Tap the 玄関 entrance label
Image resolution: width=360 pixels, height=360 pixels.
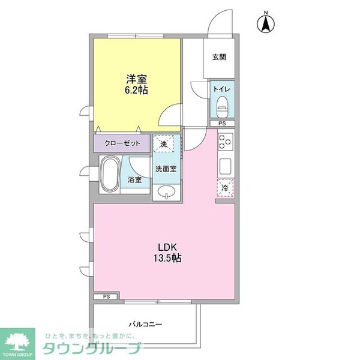218,58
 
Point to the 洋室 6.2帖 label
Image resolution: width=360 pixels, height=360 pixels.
137,84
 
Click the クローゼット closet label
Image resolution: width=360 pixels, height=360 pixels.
122,143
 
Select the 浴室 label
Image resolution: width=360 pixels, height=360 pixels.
134,179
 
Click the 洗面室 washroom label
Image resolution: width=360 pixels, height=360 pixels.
166,169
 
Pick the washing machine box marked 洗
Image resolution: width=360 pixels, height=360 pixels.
164,143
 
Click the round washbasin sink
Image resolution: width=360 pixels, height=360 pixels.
166,192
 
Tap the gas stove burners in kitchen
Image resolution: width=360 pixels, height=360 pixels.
224,142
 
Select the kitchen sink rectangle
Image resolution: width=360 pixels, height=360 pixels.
225,165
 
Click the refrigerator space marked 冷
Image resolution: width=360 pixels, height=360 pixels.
224,188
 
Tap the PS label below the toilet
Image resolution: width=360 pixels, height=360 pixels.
221,124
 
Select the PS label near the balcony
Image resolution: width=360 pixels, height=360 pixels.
106,296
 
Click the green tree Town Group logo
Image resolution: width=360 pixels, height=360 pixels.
18,341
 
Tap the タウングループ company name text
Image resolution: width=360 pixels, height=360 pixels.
92,349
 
